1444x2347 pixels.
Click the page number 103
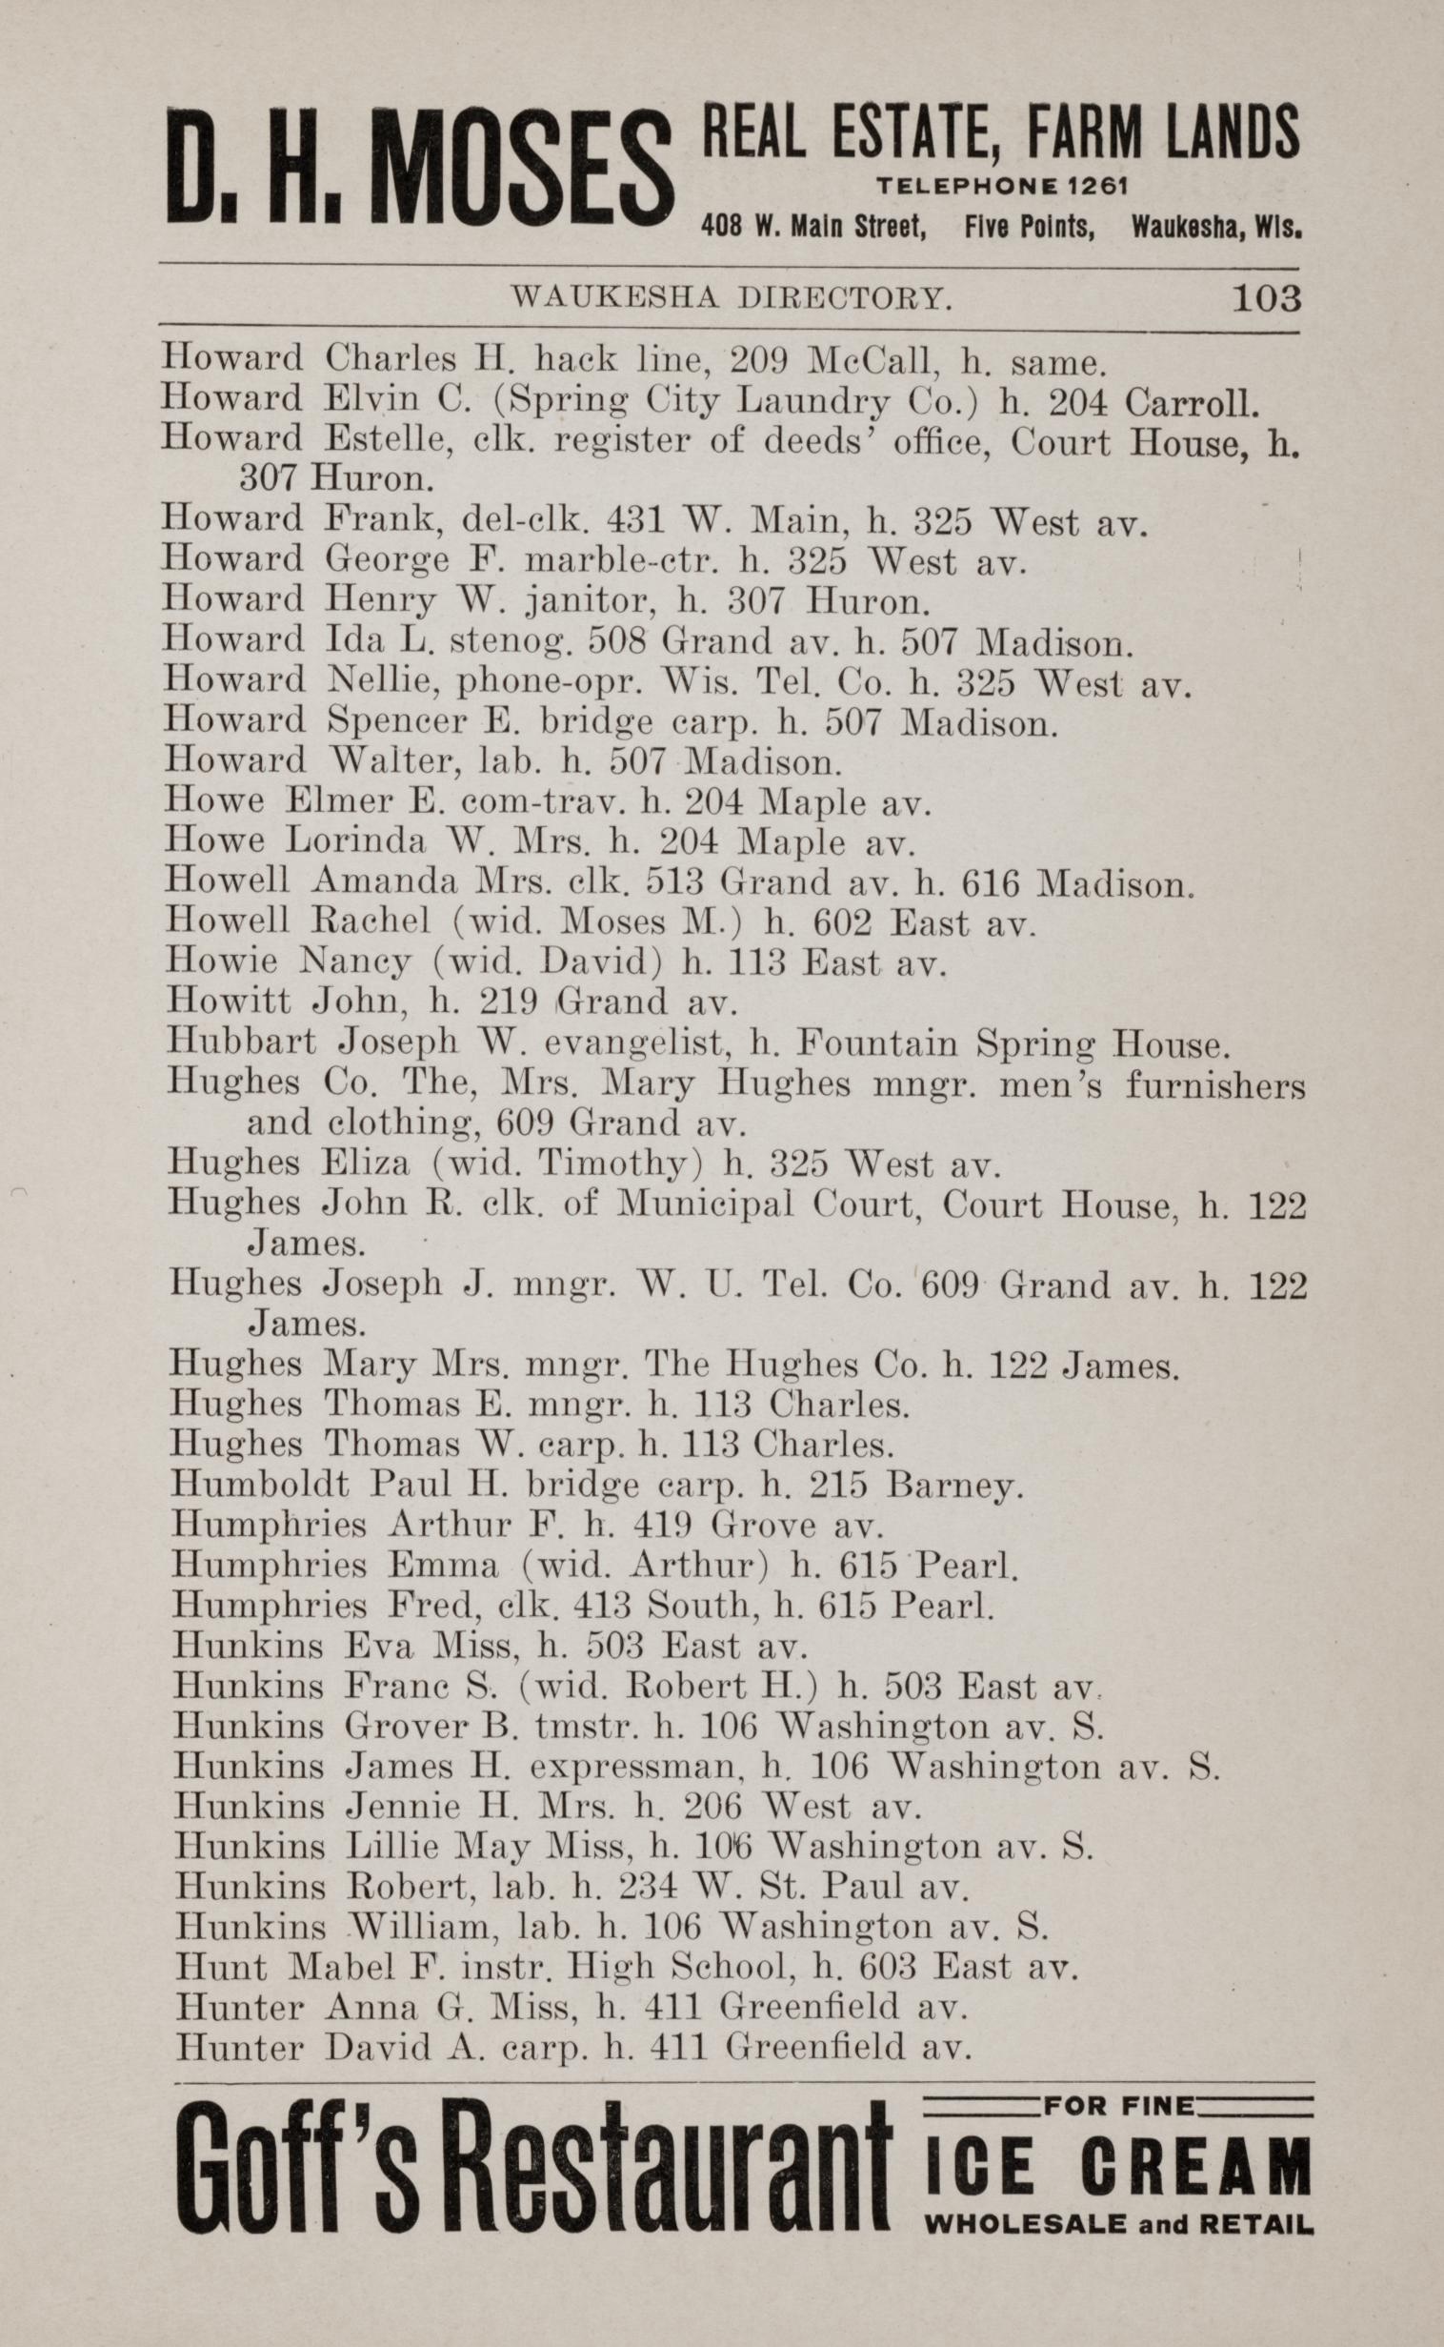[1267, 299]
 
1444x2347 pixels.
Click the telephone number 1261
[1090, 185]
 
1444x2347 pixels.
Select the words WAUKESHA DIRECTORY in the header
[732, 300]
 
